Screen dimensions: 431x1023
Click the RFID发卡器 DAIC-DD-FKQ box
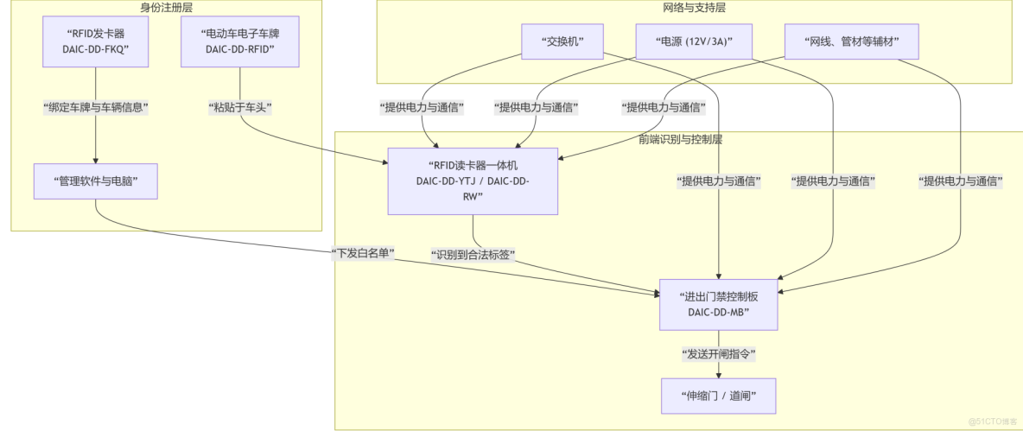[96, 41]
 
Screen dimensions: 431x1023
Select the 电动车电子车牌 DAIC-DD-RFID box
[239, 41]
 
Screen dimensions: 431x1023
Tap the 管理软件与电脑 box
[96, 181]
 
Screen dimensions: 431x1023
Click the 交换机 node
[562, 41]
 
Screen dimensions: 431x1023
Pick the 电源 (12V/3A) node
[693, 41]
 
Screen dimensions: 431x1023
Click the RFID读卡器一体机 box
[473, 181]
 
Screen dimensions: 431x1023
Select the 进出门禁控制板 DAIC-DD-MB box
[719, 304]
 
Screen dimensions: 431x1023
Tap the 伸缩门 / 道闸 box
[719, 396]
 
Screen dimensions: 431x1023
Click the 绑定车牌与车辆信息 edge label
[96, 108]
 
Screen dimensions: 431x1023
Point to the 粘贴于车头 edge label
[240, 108]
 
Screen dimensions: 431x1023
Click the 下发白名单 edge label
[363, 253]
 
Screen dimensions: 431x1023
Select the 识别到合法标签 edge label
[473, 254]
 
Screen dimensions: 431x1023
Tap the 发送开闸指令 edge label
[719, 354]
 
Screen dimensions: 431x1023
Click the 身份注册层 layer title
[166, 8]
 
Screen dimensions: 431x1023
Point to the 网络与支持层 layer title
[694, 8]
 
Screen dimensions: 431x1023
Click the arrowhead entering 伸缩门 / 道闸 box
[719, 374]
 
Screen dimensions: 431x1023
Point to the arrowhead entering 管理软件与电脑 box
[96, 160]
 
